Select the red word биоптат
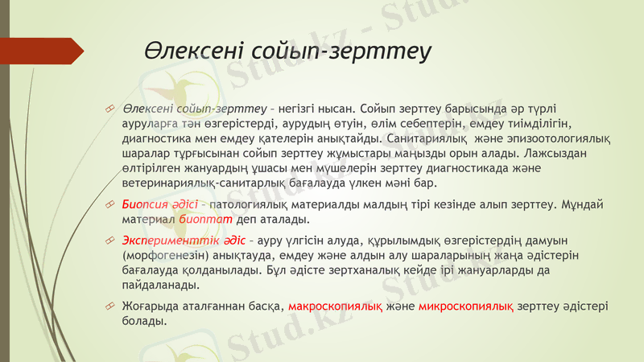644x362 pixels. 182,219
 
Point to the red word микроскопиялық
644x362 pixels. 466,306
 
